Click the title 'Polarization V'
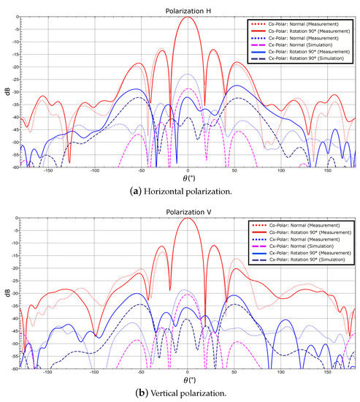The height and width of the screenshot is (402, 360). [x=188, y=211]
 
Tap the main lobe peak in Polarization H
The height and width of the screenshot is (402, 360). [x=188, y=17]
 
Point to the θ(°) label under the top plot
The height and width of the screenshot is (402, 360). [x=188, y=178]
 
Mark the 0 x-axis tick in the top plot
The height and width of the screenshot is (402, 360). [x=188, y=171]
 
